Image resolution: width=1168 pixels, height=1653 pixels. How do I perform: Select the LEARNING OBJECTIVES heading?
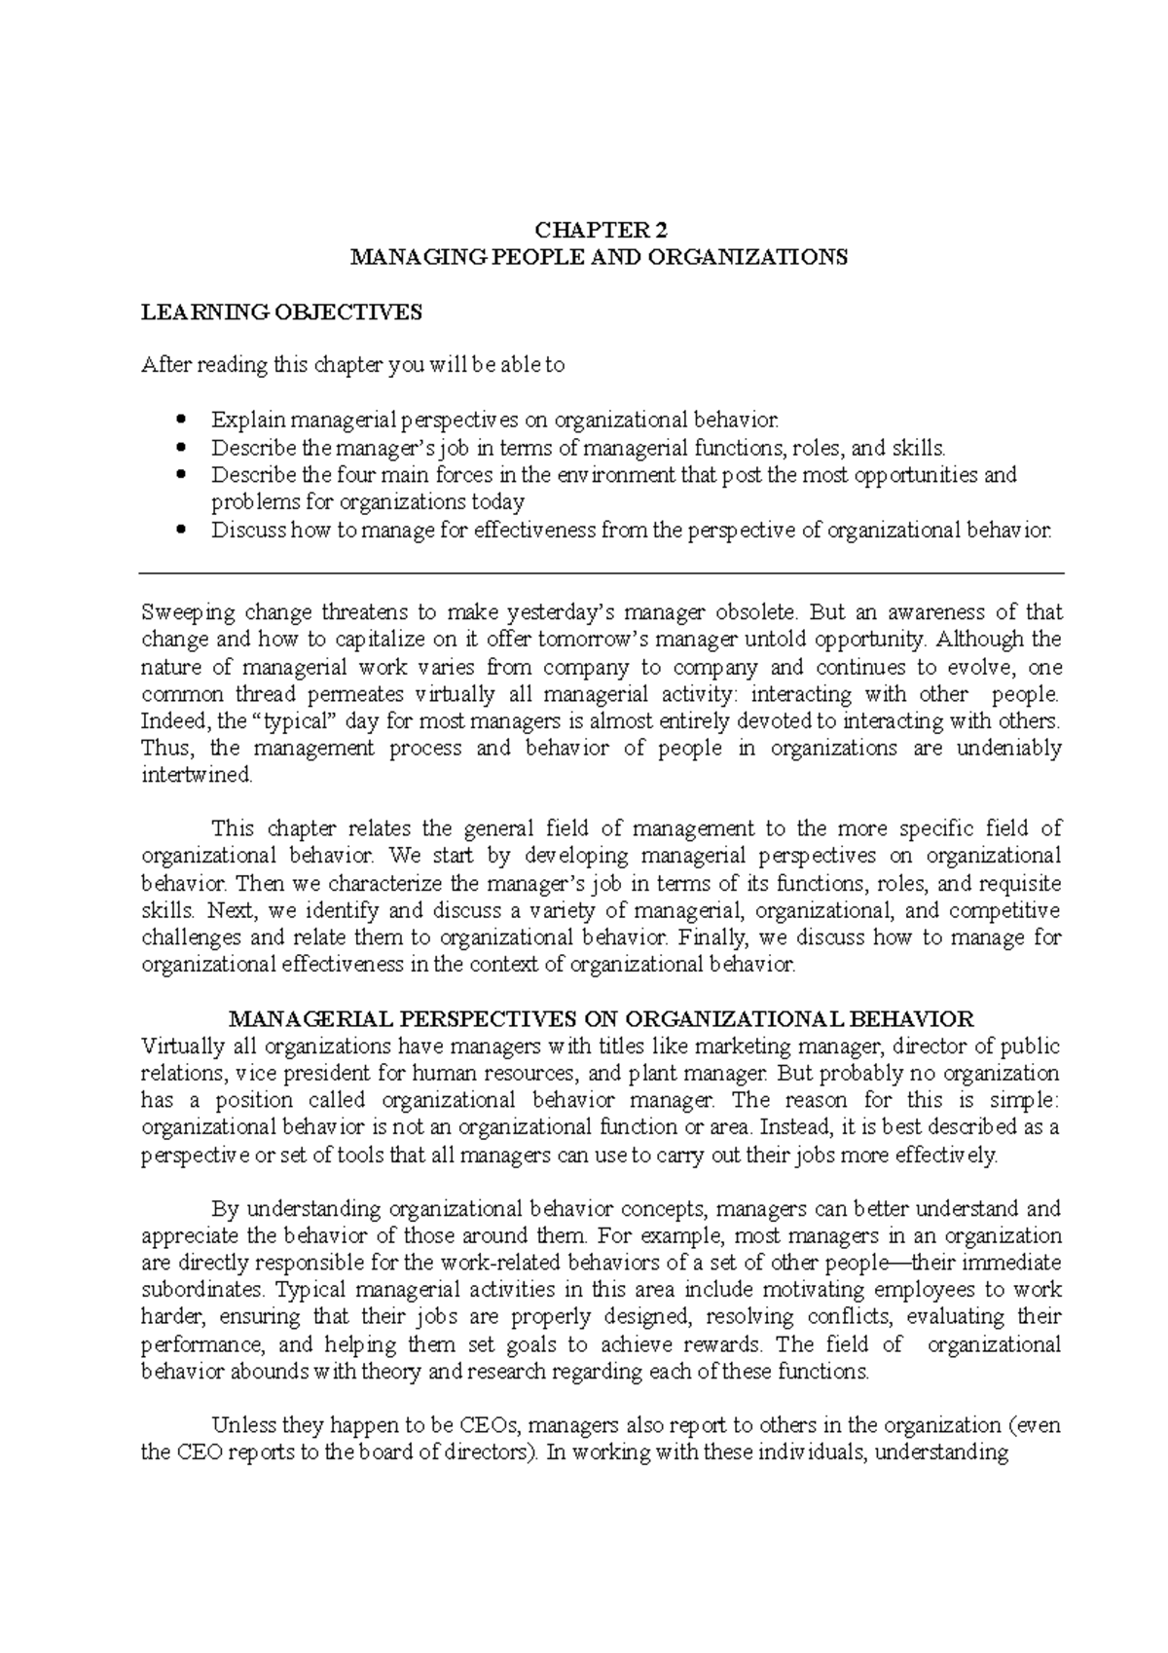pos(282,312)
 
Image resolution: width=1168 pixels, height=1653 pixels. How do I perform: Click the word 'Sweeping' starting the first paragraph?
pos(188,613)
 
